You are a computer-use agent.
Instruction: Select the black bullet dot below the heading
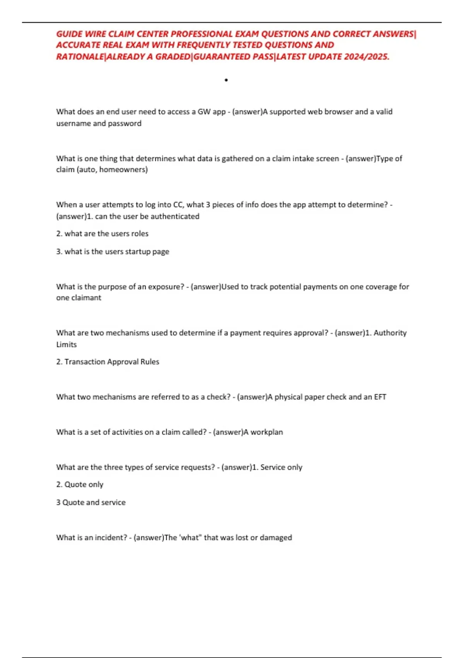click(x=226, y=80)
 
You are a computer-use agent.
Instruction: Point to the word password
click(x=125, y=123)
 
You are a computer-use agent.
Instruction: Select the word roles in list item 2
click(x=140, y=234)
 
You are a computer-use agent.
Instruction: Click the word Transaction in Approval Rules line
click(x=85, y=362)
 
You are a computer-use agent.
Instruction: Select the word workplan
click(x=267, y=432)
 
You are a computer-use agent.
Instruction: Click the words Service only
click(x=281, y=467)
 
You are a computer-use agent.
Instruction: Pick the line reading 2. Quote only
click(x=80, y=485)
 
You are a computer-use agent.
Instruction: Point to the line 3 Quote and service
click(x=91, y=502)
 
